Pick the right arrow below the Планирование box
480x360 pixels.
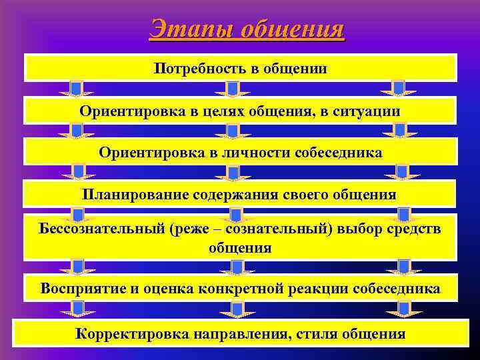point(403,215)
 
